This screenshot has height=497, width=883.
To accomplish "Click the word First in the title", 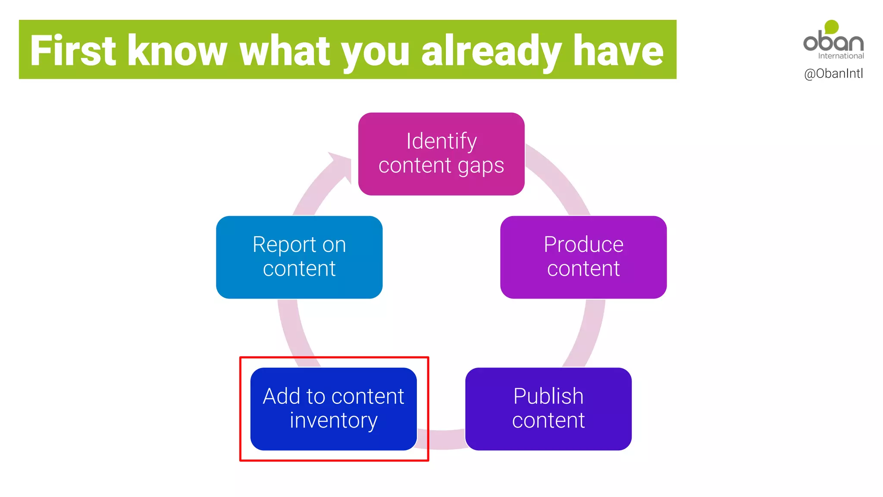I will [x=73, y=51].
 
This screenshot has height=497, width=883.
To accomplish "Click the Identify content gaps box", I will [x=441, y=154].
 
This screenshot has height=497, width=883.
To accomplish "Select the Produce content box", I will [x=583, y=257].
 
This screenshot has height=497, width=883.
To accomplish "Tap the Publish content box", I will [x=548, y=409].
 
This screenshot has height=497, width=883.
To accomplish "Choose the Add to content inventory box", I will [x=333, y=409].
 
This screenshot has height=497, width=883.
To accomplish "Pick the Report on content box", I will [x=299, y=257].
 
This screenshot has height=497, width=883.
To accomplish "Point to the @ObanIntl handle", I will [x=833, y=74].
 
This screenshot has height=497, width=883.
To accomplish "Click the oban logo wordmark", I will [x=833, y=42].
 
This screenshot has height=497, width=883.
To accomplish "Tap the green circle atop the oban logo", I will [x=832, y=27].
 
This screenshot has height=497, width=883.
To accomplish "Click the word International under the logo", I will [x=841, y=56].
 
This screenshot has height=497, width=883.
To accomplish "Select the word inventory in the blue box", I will [x=333, y=421].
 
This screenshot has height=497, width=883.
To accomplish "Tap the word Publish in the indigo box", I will [x=548, y=396].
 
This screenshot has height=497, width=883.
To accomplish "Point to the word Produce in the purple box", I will [x=583, y=245].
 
